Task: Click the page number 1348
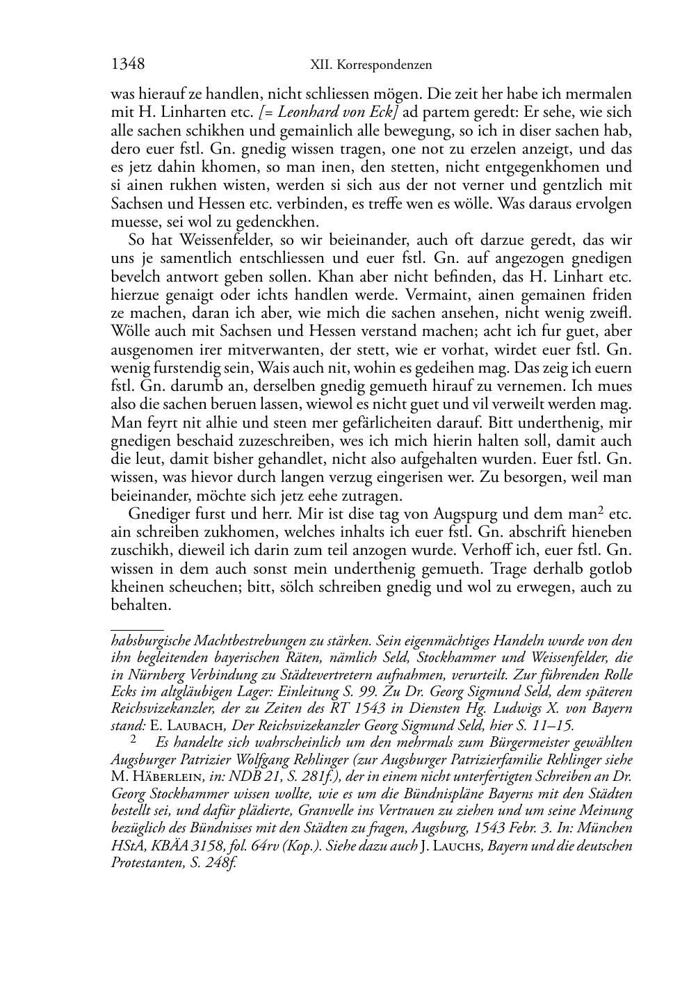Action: coord(128,65)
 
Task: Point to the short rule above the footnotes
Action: coord(137,629)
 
